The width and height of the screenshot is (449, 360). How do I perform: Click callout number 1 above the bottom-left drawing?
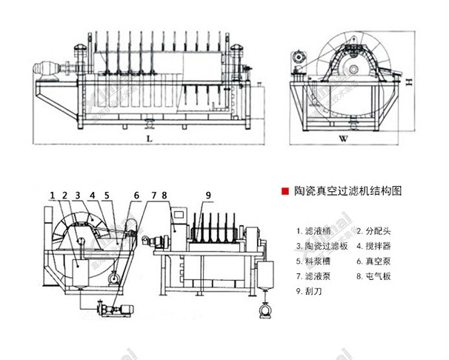click(x=53, y=195)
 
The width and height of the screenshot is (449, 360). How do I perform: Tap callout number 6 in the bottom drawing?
click(x=136, y=195)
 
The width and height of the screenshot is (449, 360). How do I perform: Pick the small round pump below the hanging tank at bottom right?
click(x=262, y=312)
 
